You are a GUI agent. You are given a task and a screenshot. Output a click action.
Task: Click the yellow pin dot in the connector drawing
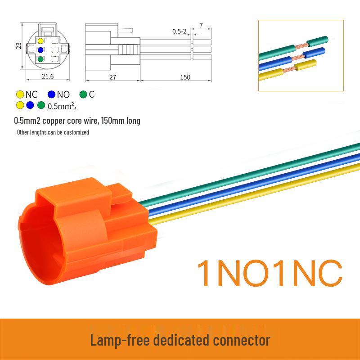(40, 41)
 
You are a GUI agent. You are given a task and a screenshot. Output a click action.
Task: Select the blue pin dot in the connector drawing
(40, 50)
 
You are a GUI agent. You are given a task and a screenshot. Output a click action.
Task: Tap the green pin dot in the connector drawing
(40, 59)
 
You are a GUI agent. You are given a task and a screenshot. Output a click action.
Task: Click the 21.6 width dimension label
(48, 76)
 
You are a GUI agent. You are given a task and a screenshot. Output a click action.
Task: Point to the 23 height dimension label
(18, 46)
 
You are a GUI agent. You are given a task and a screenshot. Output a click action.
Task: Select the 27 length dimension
(112, 77)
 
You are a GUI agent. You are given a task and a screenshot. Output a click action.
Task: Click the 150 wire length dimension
(185, 77)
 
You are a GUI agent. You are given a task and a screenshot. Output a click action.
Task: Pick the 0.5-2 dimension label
(179, 31)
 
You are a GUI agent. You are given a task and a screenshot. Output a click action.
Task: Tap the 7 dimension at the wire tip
(201, 25)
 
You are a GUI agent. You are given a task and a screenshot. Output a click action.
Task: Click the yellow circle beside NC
(20, 94)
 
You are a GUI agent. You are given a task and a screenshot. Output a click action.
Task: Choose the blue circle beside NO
(51, 94)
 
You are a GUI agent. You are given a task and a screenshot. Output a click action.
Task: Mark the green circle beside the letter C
(83, 94)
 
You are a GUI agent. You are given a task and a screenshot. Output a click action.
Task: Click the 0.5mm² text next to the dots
(62, 106)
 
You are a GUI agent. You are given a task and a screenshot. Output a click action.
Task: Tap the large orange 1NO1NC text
(270, 273)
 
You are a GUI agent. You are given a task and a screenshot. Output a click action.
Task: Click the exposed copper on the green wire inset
(301, 46)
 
